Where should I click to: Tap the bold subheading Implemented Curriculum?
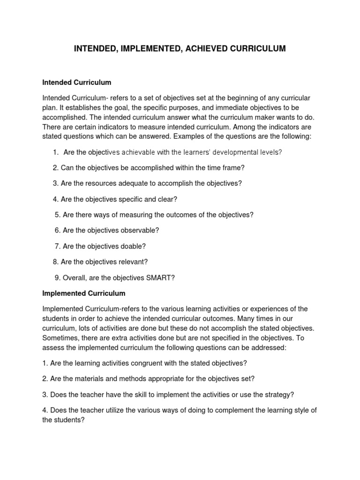click(84, 293)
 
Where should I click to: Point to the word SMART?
click(160, 277)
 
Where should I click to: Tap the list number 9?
click(57, 277)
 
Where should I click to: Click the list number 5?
click(57, 215)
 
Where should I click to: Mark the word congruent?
click(147, 364)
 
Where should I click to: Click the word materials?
click(89, 379)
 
